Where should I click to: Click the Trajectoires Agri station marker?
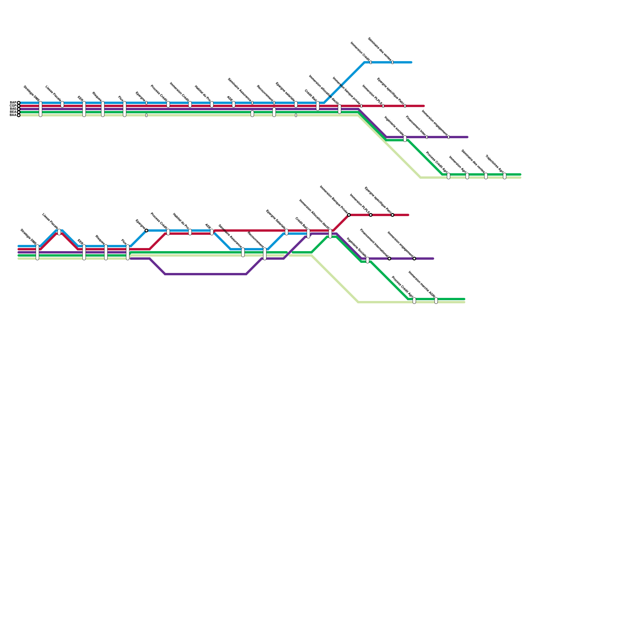[x=505, y=176]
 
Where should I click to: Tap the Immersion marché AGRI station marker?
[x=436, y=301]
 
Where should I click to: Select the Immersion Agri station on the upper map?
[x=467, y=176]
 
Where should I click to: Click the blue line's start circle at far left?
[x=18, y=103]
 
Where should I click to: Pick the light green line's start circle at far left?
[x=18, y=115]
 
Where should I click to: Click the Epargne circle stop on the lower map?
[x=146, y=231]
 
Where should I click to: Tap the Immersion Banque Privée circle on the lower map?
[x=349, y=215]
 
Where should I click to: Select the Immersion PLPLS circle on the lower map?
[x=371, y=215]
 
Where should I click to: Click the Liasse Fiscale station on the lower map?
[x=59, y=232]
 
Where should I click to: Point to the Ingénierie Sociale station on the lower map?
[x=368, y=260]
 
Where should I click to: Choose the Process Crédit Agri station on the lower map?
[x=414, y=301]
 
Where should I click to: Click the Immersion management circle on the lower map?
[x=414, y=259]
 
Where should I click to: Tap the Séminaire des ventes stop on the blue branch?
[x=392, y=62]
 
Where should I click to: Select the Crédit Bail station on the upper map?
[x=318, y=106]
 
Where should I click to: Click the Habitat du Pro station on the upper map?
[x=212, y=104]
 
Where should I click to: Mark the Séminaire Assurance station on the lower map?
[x=243, y=252]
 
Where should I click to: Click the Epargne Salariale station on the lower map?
[x=287, y=232]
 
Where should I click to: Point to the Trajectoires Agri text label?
[x=495, y=164]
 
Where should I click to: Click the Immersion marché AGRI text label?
[x=422, y=285]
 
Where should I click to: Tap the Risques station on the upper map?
[x=103, y=109]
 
